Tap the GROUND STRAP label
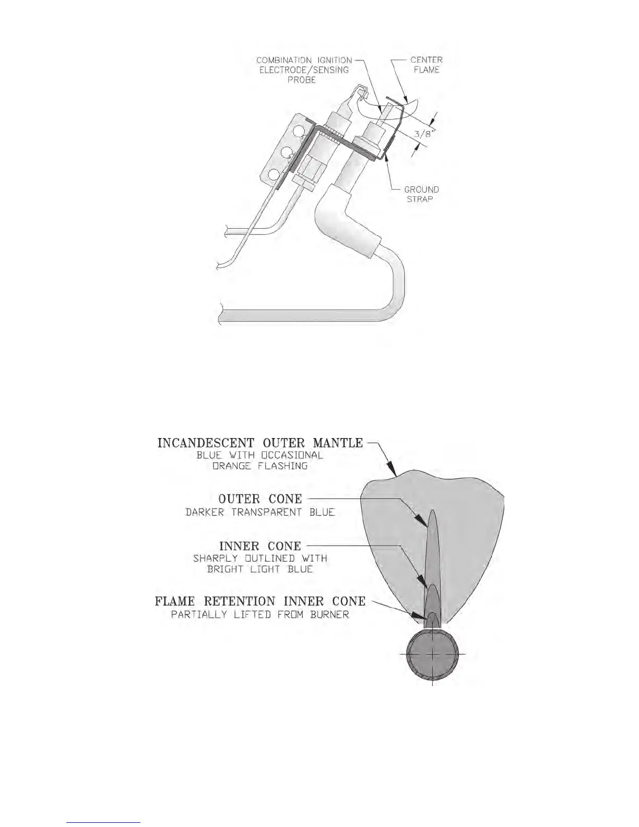[x=421, y=194]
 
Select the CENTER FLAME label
[x=426, y=65]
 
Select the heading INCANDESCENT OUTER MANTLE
[x=260, y=443]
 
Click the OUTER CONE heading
[x=260, y=499]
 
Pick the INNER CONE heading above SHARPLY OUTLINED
[x=260, y=546]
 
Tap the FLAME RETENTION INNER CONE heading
[x=260, y=601]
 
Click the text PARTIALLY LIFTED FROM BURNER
[x=260, y=615]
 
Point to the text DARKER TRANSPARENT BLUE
[x=260, y=512]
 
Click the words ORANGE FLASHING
[x=260, y=466]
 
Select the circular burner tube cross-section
[x=432, y=654]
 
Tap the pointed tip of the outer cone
[x=433, y=511]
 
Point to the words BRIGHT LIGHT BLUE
[x=260, y=569]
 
